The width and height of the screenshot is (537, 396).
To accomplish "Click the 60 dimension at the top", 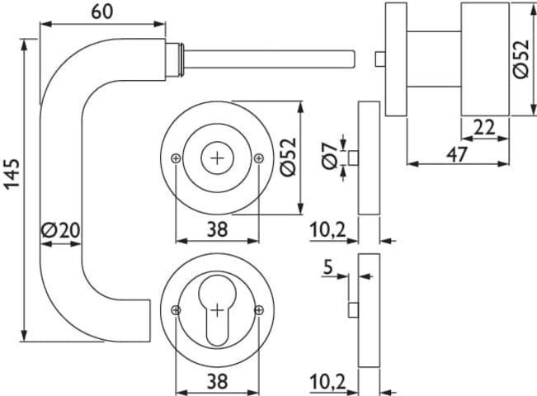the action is [x=102, y=12].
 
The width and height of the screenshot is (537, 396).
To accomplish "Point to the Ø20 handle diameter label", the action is [x=60, y=230].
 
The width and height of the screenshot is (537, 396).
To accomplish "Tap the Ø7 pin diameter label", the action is [x=330, y=156].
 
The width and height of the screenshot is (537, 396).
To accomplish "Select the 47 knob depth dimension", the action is [x=457, y=154].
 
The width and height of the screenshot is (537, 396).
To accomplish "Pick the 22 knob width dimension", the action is [x=484, y=127].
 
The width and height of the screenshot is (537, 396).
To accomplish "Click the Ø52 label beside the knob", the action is [x=521, y=59].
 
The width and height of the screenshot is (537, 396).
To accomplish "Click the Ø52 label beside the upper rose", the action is [x=288, y=158].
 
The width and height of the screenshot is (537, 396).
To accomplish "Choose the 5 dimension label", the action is [x=328, y=266].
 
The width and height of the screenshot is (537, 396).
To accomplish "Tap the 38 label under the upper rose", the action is [x=217, y=229].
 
